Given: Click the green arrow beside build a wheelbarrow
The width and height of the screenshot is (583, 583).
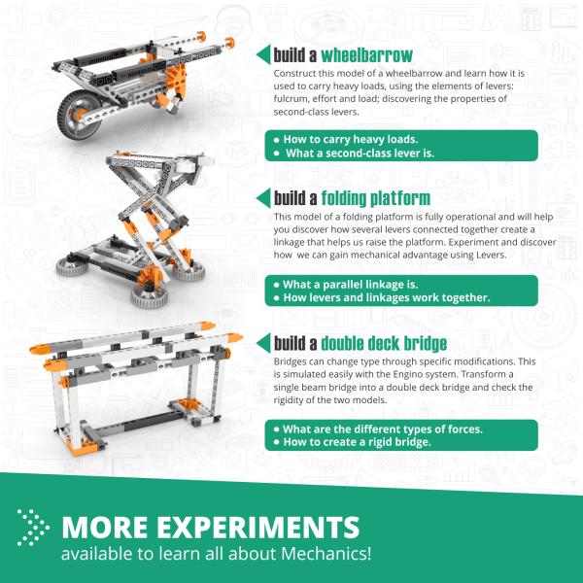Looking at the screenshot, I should pos(262,53).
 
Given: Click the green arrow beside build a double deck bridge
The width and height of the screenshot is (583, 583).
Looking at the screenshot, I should pos(262,343).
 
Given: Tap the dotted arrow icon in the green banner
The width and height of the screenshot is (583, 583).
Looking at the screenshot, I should pos(33,526).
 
